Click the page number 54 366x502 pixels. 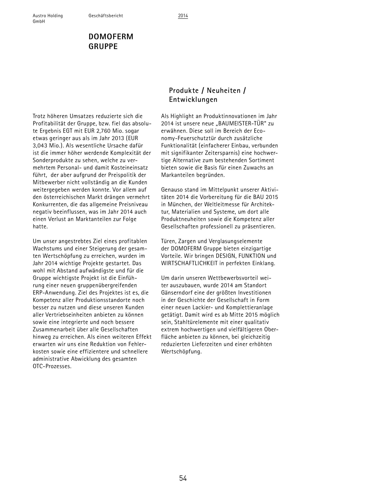183,478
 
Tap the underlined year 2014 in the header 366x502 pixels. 183,16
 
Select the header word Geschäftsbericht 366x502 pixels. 106,16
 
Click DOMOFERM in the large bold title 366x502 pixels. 111,37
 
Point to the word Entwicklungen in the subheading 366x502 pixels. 193,100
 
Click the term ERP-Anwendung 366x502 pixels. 54,293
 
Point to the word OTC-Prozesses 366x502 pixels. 52,366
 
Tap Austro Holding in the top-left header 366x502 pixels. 48,16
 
